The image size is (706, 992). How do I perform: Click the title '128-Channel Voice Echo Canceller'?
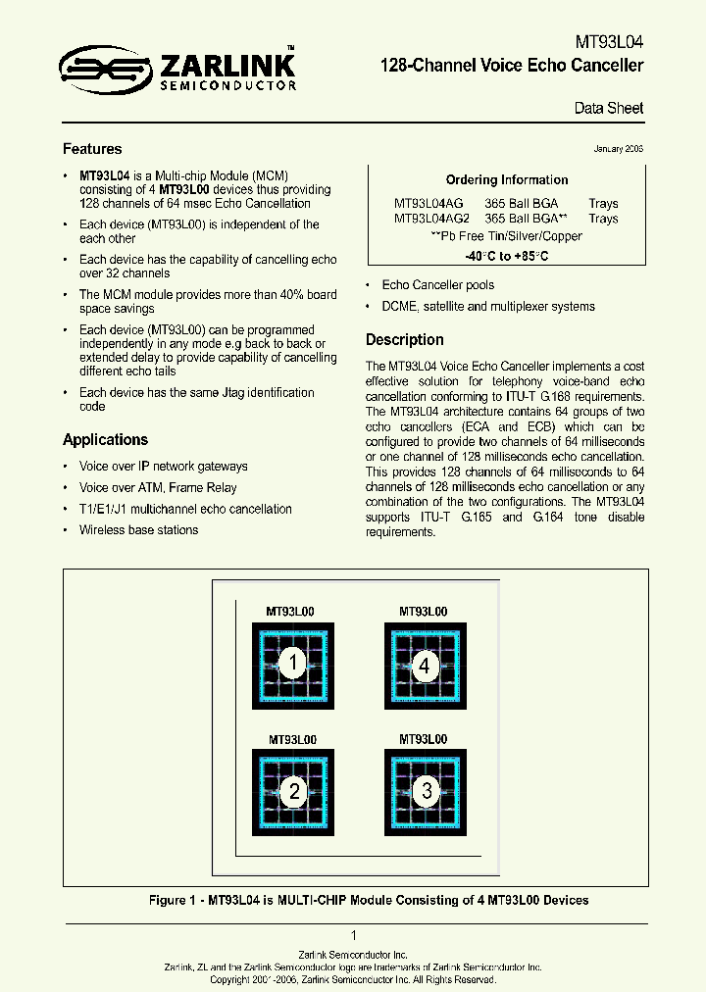[512, 66]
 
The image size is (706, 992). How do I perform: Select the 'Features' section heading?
[92, 149]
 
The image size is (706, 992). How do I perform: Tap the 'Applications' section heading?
[105, 440]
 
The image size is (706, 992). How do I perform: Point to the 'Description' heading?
[404, 340]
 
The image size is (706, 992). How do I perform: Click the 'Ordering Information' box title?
[507, 180]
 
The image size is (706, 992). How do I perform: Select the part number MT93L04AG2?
[432, 219]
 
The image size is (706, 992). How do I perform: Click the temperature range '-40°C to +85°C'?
[506, 256]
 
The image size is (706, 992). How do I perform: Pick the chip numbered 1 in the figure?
[291, 666]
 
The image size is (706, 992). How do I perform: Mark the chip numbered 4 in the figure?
[425, 667]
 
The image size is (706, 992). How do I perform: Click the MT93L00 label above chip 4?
[423, 612]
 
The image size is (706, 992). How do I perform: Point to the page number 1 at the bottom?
[353, 935]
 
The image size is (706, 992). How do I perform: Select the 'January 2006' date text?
[618, 149]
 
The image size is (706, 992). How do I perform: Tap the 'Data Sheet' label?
[609, 109]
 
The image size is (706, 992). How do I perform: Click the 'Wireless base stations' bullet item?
[138, 530]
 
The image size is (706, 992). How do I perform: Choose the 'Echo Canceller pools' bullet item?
[437, 285]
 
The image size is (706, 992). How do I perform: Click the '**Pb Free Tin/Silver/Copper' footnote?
[506, 236]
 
